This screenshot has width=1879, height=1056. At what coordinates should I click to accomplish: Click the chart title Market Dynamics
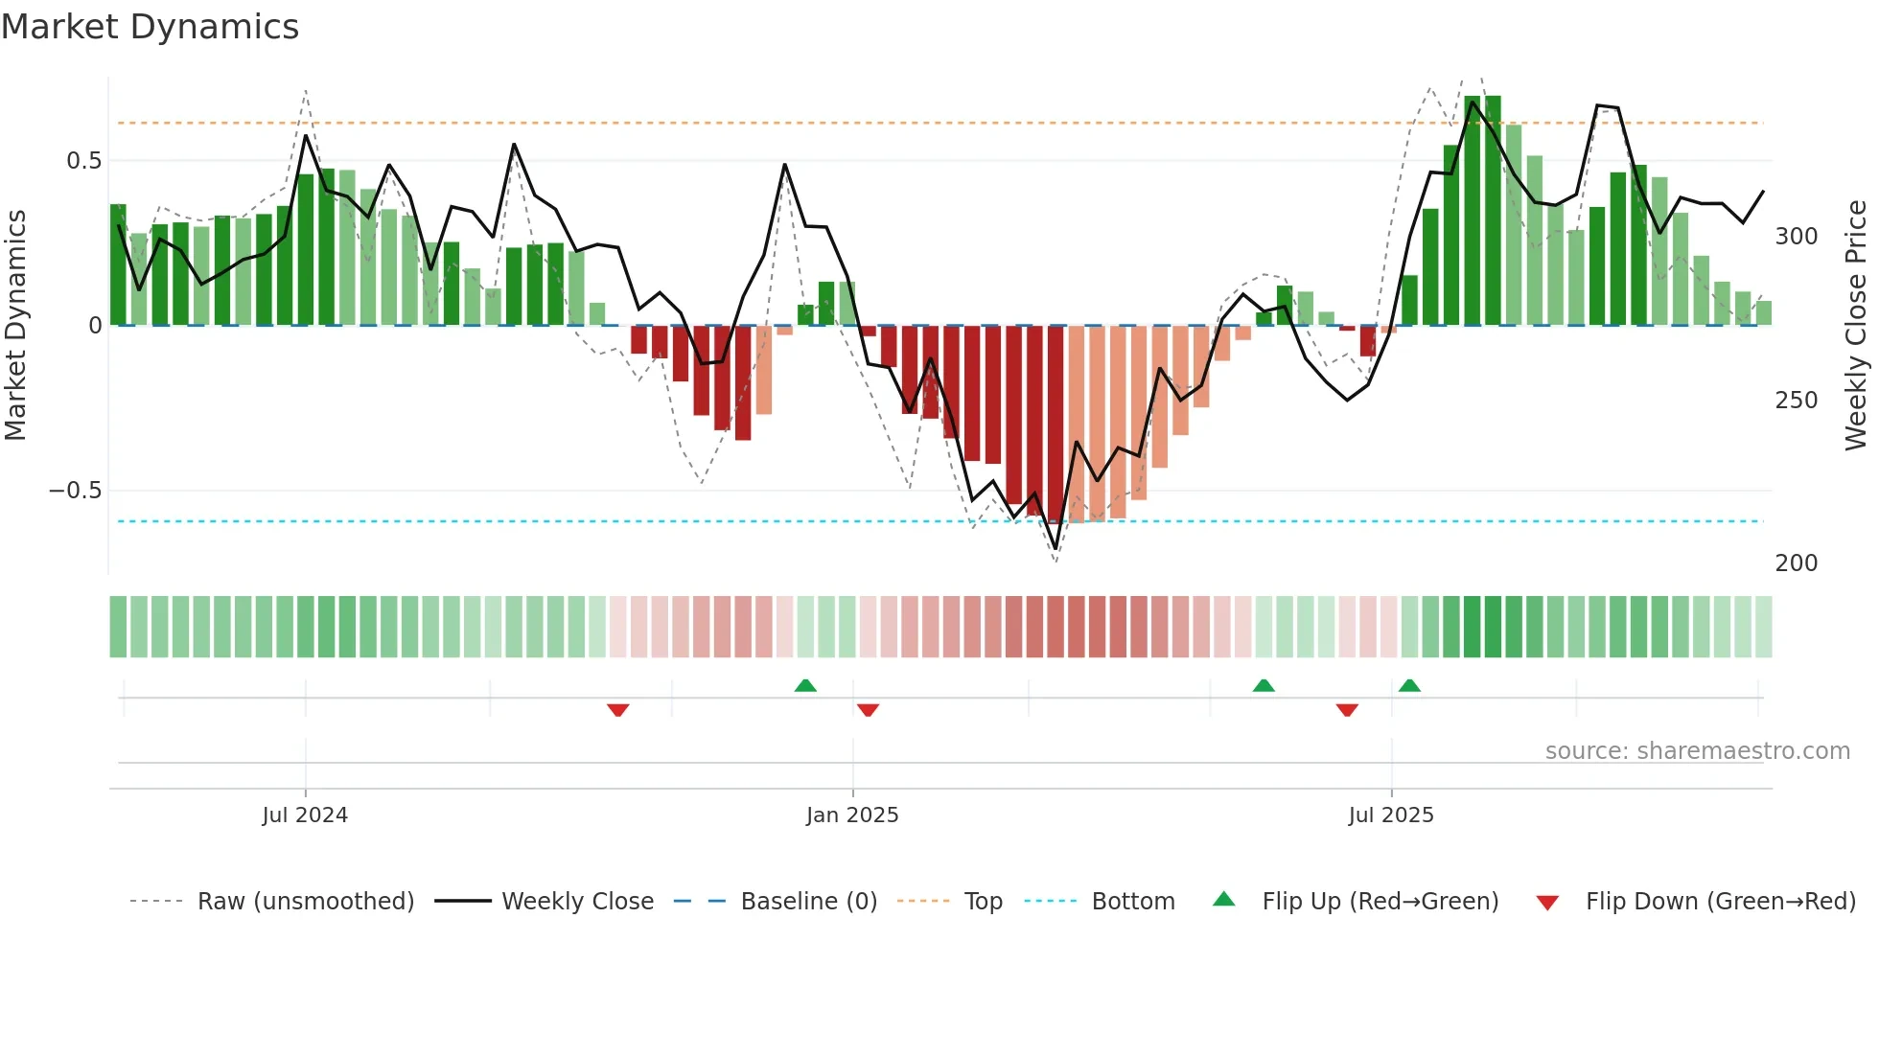coord(150,27)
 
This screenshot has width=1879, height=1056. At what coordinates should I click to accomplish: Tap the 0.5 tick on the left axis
coord(83,161)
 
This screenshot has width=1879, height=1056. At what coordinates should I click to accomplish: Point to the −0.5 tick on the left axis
coord(75,491)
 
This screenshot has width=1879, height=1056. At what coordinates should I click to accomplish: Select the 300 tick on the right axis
coord(1796,237)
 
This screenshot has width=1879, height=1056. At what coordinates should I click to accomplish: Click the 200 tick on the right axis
coord(1796,563)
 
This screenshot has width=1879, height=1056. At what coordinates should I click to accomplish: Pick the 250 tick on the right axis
coord(1796,401)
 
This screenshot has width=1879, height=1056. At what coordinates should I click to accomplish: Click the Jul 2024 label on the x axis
coord(305,815)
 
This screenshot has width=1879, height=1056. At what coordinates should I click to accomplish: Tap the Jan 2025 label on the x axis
coord(852,815)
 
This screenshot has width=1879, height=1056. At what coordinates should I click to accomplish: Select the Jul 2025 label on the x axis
coord(1390,815)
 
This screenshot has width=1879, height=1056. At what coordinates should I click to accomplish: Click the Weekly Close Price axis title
coord(1856,326)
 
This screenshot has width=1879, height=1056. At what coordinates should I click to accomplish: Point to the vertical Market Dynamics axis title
coord(15,326)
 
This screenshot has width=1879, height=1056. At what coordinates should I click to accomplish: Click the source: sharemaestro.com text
coord(1697,751)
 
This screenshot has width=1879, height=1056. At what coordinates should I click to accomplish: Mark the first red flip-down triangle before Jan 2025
coord(617,710)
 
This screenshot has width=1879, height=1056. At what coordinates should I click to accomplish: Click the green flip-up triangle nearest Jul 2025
coord(1409,685)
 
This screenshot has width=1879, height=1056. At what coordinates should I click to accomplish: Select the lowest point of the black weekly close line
coord(1055,549)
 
